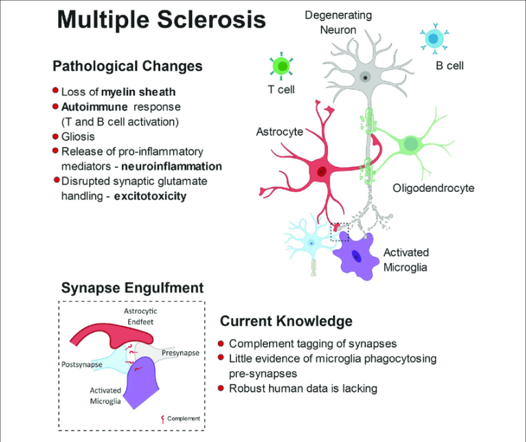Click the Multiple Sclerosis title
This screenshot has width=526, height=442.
[x=161, y=19]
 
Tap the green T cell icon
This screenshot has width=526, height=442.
[x=281, y=66]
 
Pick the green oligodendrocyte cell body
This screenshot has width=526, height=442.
[x=410, y=144]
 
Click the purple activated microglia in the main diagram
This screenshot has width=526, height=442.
[x=357, y=255]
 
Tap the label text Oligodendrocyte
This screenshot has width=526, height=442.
[x=433, y=188]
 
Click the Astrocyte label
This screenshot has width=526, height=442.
[x=279, y=132]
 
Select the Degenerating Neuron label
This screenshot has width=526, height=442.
[x=338, y=23]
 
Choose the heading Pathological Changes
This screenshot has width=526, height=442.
[x=127, y=66]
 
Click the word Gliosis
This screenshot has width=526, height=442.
[x=78, y=136]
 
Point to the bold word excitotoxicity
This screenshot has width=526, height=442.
[x=151, y=196]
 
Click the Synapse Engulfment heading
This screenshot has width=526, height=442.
[x=132, y=288]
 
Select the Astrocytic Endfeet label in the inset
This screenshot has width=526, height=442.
[x=141, y=316]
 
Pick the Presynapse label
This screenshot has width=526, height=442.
[x=180, y=353]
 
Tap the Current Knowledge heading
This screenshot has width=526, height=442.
[x=286, y=321]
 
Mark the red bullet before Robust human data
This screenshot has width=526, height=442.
[x=221, y=388]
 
